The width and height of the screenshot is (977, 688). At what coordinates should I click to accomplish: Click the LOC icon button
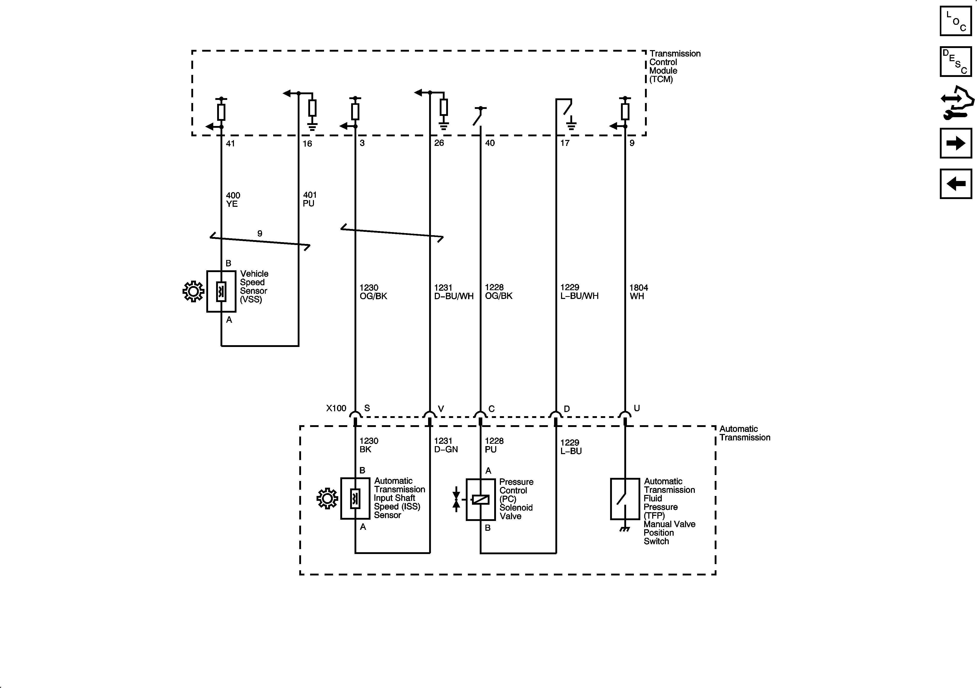[956, 21]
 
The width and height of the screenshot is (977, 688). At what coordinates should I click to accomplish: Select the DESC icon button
[956, 62]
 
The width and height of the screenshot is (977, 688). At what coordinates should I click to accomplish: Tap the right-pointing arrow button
[956, 143]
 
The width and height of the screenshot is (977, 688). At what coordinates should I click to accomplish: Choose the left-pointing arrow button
[956, 184]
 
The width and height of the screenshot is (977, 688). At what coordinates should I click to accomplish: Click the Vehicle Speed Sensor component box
[221, 291]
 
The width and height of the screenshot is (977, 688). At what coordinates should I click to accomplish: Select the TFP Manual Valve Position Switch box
[625, 499]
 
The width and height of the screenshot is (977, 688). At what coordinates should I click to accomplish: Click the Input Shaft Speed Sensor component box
[355, 499]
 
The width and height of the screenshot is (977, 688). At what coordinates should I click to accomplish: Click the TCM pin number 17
[565, 143]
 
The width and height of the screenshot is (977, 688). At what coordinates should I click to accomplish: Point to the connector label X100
[336, 408]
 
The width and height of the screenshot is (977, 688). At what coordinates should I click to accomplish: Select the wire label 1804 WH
[638, 292]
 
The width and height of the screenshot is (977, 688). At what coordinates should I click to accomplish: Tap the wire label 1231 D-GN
[446, 445]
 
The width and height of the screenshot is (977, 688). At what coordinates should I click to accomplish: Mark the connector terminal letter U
[637, 408]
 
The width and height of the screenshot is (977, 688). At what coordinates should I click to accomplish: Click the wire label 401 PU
[309, 199]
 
